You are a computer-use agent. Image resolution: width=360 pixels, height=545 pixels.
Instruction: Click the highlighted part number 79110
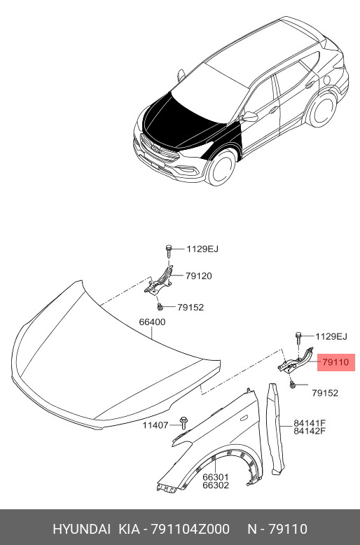click(335, 362)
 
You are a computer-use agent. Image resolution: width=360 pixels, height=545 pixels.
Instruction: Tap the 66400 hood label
click(152, 322)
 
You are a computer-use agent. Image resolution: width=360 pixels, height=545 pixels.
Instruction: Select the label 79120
click(198, 276)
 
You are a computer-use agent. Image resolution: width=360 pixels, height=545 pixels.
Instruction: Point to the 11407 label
click(155, 425)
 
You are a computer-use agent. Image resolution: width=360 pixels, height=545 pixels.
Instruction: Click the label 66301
click(216, 477)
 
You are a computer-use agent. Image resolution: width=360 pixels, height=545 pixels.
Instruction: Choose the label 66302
click(216, 485)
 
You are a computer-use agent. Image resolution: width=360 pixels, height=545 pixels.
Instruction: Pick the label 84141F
click(310, 423)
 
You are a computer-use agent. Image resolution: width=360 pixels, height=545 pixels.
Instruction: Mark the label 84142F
click(310, 431)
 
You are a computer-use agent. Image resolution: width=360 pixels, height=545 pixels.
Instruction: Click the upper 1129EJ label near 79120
click(202, 249)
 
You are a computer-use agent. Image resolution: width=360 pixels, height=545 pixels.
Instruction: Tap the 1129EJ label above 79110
click(331, 336)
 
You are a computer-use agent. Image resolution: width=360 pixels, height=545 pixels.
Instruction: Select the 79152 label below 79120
click(191, 308)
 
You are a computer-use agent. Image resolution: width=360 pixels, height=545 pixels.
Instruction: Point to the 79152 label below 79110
click(325, 393)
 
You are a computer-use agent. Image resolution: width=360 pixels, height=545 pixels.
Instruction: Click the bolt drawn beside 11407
click(183, 423)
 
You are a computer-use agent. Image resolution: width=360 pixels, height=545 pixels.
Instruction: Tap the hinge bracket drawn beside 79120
click(159, 282)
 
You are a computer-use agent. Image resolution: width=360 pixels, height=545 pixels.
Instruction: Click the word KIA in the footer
click(130, 529)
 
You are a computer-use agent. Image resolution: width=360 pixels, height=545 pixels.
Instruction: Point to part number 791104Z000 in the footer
click(190, 529)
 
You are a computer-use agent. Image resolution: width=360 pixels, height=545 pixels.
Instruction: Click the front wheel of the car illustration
click(221, 168)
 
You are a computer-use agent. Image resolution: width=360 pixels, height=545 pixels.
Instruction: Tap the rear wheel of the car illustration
click(323, 110)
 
